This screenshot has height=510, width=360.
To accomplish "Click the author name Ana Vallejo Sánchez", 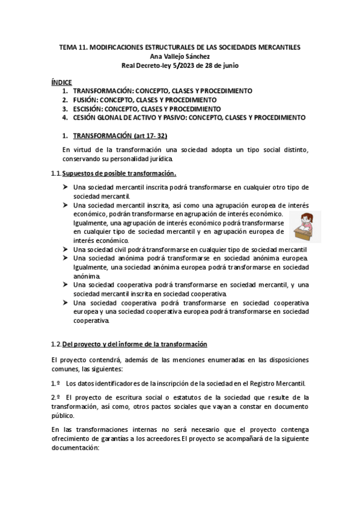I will point(180,57).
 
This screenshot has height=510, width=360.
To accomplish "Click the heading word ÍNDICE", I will point(62,81).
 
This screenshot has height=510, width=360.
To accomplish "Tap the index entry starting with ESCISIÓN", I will point(147,108).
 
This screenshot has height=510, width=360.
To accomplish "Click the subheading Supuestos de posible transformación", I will point(119,173).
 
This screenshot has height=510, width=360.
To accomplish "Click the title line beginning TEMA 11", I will point(180,48).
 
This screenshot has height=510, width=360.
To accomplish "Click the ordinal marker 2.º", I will point(55,398).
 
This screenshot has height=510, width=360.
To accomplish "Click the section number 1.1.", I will point(56,173).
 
